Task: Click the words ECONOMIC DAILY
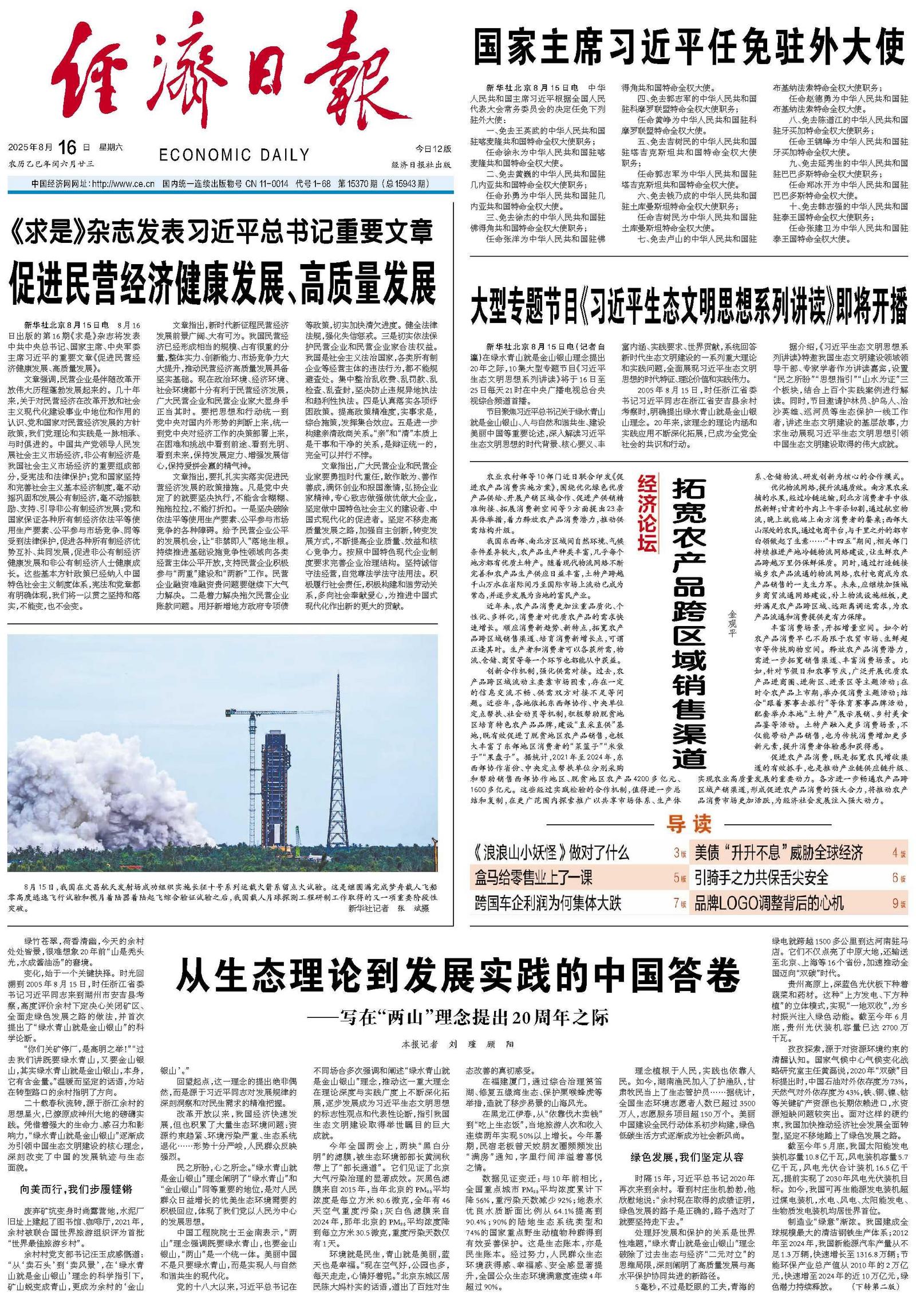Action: tap(234, 155)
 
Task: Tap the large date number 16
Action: tap(67, 147)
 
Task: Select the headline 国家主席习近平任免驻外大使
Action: tap(689, 48)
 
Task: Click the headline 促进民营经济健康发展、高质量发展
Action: tap(223, 284)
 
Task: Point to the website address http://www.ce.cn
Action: tap(123, 184)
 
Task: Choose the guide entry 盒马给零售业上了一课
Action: tap(533, 878)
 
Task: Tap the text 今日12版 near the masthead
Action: tap(433, 148)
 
